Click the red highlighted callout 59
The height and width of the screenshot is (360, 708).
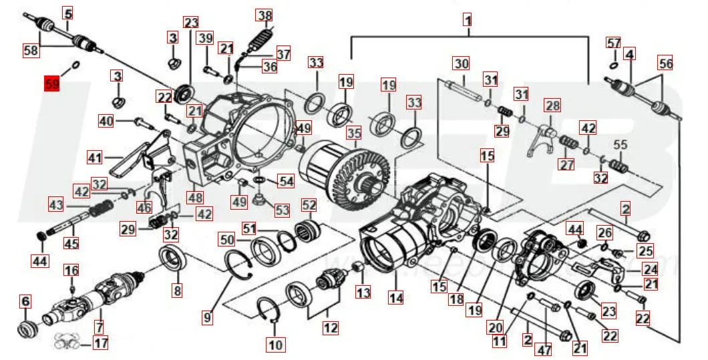(x=51, y=84)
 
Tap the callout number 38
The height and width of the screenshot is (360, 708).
(x=265, y=15)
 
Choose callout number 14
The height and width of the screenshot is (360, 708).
(x=396, y=298)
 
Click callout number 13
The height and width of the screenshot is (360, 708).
(x=363, y=292)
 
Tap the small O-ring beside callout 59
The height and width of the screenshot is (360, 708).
(x=75, y=65)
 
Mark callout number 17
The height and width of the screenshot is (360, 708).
(x=100, y=345)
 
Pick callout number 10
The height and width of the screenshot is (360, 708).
(x=276, y=345)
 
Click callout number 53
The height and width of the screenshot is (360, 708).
(x=282, y=210)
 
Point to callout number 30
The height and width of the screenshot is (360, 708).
(x=462, y=64)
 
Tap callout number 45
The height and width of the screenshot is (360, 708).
(x=71, y=244)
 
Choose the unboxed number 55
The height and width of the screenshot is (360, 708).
(x=621, y=144)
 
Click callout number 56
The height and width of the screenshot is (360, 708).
(x=665, y=63)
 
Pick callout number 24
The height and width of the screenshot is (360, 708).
(x=650, y=269)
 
